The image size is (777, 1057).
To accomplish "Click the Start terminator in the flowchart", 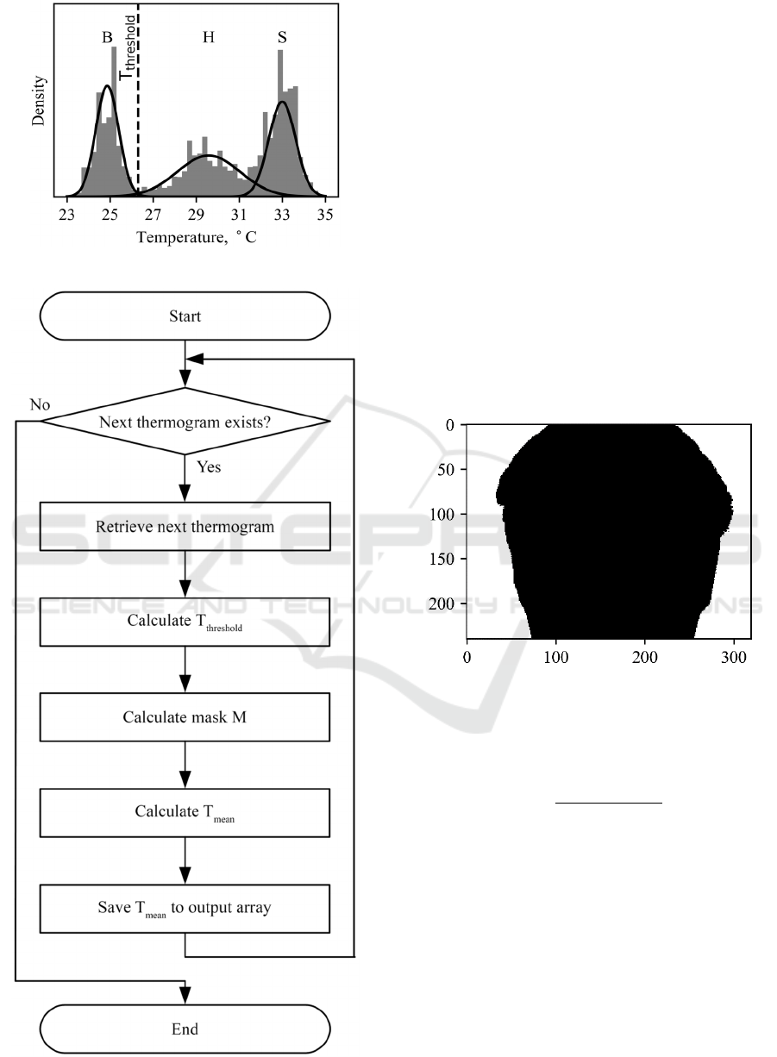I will tap(185, 316).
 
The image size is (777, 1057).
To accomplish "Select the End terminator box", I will tap(185, 1029).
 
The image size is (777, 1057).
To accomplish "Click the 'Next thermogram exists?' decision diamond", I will tap(185, 422).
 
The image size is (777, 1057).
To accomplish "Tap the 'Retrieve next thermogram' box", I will tap(185, 527).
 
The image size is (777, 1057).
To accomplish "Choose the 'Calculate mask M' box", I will tap(185, 716).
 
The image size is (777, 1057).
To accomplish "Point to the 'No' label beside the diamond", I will tap(40, 403).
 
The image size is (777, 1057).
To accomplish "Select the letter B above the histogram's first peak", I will tap(107, 38).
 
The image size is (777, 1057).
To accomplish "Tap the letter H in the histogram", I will tap(209, 38).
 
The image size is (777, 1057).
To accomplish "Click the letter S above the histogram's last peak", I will tap(282, 38).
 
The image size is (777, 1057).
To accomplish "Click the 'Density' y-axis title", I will tap(39, 101).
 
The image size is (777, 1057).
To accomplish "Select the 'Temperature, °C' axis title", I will tap(196, 236).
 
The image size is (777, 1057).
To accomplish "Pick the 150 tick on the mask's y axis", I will tap(446, 559).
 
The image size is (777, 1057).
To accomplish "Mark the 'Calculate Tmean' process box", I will tap(185, 812).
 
